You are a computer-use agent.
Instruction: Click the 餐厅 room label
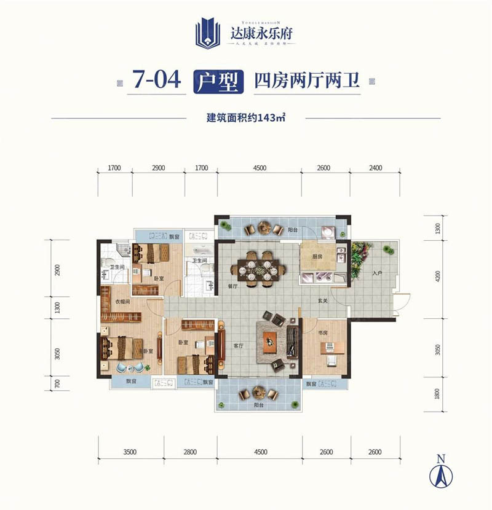pyautogui.click(x=233, y=286)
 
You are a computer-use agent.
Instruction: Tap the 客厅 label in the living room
pyautogui.click(x=239, y=346)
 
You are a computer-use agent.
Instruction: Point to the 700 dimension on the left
pyautogui.click(x=58, y=385)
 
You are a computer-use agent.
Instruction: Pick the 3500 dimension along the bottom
pyautogui.click(x=129, y=452)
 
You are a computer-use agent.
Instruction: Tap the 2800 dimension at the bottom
pyautogui.click(x=189, y=452)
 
